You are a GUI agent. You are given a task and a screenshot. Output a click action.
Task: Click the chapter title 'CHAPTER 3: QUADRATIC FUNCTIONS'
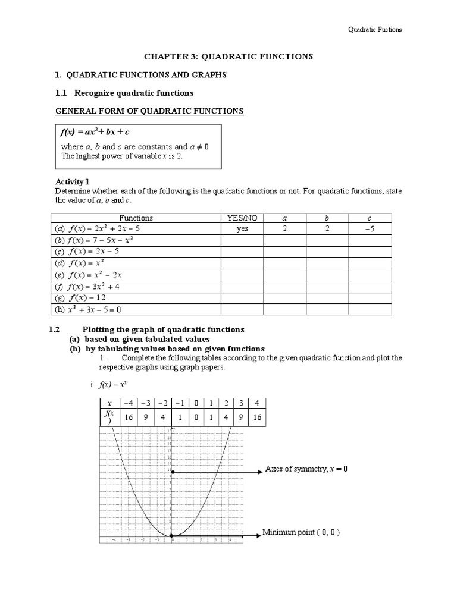pos(229,56)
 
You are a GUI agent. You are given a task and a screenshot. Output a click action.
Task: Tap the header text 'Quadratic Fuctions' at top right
pos(375,30)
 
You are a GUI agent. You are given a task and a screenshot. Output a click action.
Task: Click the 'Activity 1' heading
pos(74,181)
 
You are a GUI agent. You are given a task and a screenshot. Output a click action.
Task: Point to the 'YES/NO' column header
pos(242,218)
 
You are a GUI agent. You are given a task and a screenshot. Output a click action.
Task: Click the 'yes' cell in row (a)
pos(242,228)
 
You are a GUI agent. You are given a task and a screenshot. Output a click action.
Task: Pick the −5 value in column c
pos(370,228)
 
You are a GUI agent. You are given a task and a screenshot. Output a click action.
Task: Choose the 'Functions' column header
pos(136,218)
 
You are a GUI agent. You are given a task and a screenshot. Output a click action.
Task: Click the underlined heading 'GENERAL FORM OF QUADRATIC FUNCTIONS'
pos(149,111)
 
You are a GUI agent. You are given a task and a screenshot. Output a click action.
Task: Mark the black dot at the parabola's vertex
pos(172,536)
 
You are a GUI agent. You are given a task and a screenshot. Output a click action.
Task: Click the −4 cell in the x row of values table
pos(129,403)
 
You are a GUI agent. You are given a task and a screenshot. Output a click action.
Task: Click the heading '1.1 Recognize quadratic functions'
pos(124,93)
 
